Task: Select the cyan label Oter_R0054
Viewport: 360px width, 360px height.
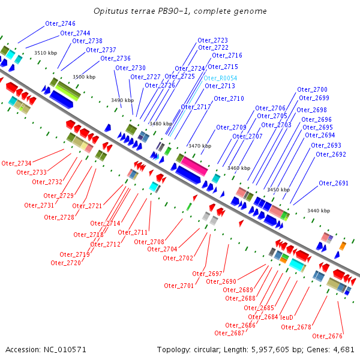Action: pyautogui.click(x=220, y=78)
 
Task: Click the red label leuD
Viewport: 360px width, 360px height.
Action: pyautogui.click(x=286, y=317)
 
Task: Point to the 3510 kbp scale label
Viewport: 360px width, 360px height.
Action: pyautogui.click(x=45, y=53)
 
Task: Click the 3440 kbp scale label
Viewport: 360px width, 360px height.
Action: pyautogui.click(x=318, y=211)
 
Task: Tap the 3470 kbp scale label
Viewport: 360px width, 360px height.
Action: pyautogui.click(x=199, y=146)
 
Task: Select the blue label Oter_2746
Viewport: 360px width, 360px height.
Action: pyautogui.click(x=60, y=23)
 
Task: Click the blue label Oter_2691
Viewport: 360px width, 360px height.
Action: pyautogui.click(x=333, y=183)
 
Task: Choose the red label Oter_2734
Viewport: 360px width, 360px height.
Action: pyautogui.click(x=16, y=163)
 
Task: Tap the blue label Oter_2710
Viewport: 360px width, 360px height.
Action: pyautogui.click(x=229, y=98)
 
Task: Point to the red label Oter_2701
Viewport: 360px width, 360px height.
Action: pyautogui.click(x=179, y=286)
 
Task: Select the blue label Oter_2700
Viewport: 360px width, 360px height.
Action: pyautogui.click(x=312, y=89)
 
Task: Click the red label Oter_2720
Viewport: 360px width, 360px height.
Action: pyautogui.click(x=65, y=263)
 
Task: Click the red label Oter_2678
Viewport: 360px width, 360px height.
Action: pyautogui.click(x=296, y=327)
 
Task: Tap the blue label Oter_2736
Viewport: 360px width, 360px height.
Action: pyautogui.click(x=115, y=58)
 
